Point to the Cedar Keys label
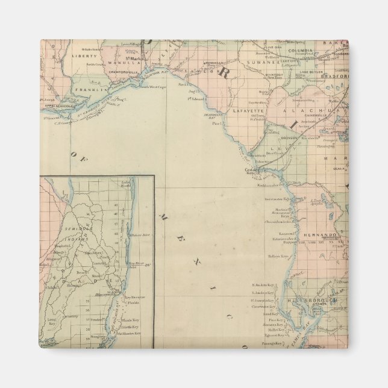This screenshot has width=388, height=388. (x=251, y=171)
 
